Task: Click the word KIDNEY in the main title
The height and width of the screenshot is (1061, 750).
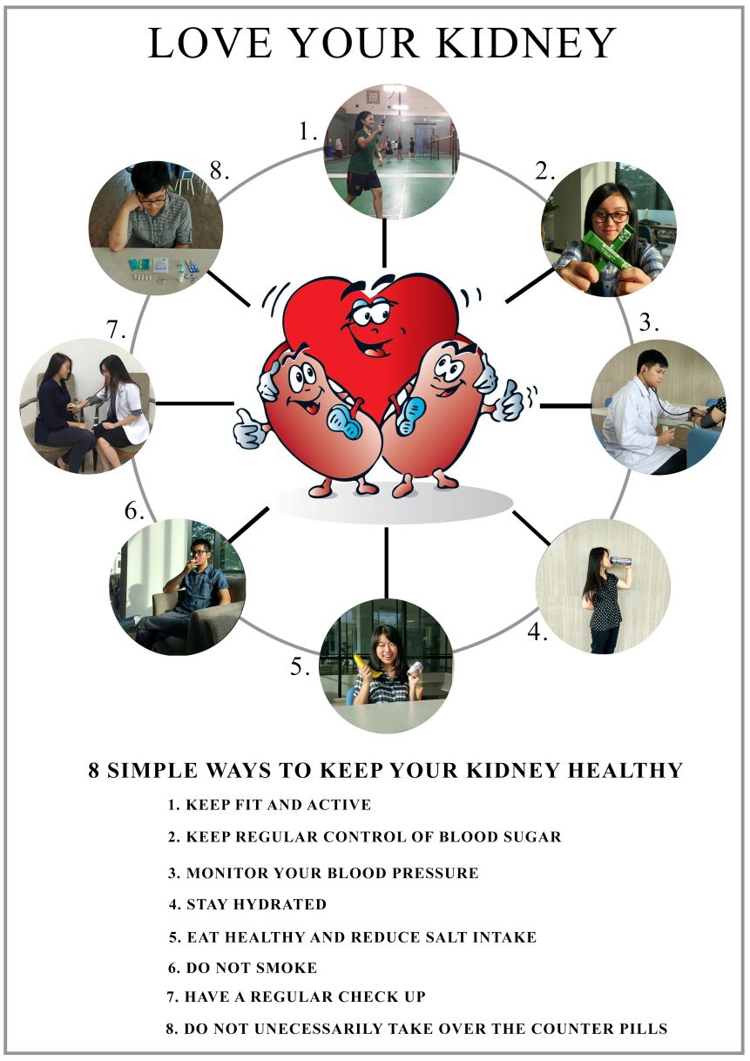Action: [x=526, y=43]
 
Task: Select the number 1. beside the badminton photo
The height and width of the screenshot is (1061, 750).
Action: [x=308, y=132]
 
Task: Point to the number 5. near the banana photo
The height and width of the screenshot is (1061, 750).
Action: [x=301, y=667]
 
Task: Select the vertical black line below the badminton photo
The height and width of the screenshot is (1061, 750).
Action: [x=384, y=243]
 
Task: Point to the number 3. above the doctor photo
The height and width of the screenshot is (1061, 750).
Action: [x=649, y=322]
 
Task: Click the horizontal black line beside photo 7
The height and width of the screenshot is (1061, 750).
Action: [x=195, y=403]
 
